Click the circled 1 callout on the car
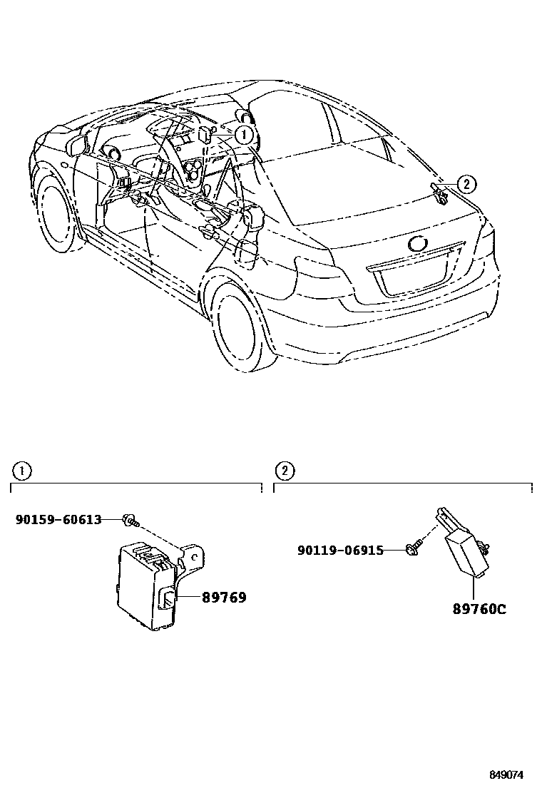(x=243, y=133)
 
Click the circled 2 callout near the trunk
(x=465, y=185)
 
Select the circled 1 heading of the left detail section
(x=22, y=471)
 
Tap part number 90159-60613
(x=58, y=520)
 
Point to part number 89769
(x=224, y=598)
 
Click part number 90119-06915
(x=340, y=550)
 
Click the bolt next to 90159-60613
(x=131, y=520)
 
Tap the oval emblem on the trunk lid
(x=419, y=243)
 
